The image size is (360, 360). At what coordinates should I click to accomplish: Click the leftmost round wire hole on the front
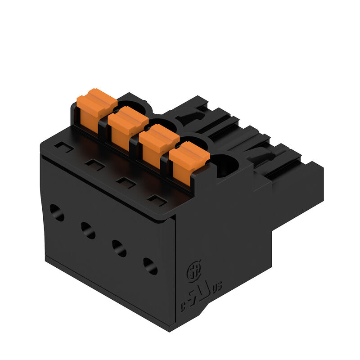click(57, 212)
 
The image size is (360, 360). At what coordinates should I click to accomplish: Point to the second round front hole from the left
click(88, 230)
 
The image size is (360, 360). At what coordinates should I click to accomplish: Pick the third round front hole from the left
click(119, 248)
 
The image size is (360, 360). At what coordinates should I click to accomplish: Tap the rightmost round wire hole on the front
click(150, 266)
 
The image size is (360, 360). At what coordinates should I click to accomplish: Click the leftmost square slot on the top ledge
click(64, 146)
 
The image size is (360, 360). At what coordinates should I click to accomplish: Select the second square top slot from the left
click(95, 165)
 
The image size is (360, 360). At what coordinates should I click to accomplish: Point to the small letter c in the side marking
click(184, 307)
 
